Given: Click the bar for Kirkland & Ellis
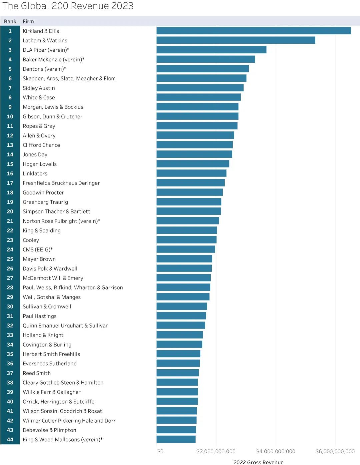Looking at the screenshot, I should coord(253,31).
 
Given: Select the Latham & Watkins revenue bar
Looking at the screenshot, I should coord(236,40).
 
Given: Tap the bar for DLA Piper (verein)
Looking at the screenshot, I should coord(211,50).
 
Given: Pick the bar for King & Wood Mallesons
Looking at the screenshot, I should coord(176,439).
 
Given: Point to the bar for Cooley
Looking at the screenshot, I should coord(186,240).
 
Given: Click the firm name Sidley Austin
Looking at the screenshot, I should coord(39,88).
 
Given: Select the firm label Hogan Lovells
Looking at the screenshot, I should coord(40,164).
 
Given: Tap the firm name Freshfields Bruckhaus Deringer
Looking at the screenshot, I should coord(61,183).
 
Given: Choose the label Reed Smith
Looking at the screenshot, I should coord(37,373).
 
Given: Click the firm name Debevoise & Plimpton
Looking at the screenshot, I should coord(49,430).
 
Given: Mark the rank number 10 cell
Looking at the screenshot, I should coord(10,116).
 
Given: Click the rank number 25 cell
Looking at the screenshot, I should coord(10,259).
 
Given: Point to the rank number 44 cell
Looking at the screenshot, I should coord(10,439).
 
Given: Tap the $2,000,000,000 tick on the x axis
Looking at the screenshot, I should coord(216,451).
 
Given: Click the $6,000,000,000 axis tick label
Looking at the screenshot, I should coord(335,451).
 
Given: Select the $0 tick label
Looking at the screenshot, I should coord(160,451).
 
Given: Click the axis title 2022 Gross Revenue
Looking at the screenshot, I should coord(258,462).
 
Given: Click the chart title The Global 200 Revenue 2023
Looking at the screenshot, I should coord(68,6).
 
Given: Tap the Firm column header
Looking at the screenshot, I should coord(28,21).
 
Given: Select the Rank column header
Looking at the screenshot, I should coord(10,21).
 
